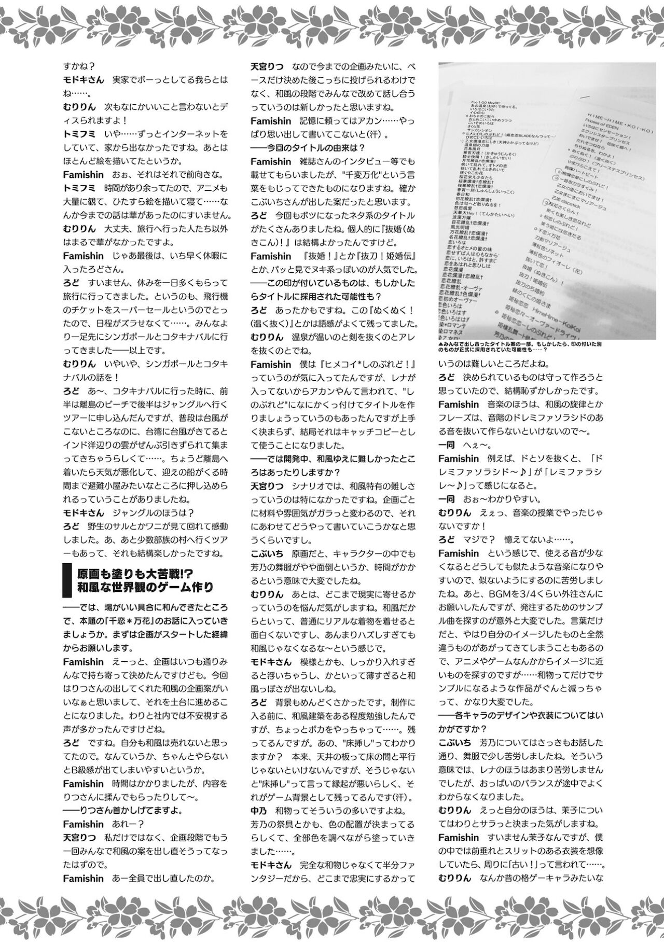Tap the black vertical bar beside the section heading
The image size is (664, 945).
(66, 580)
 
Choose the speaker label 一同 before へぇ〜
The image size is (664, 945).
(446, 445)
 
